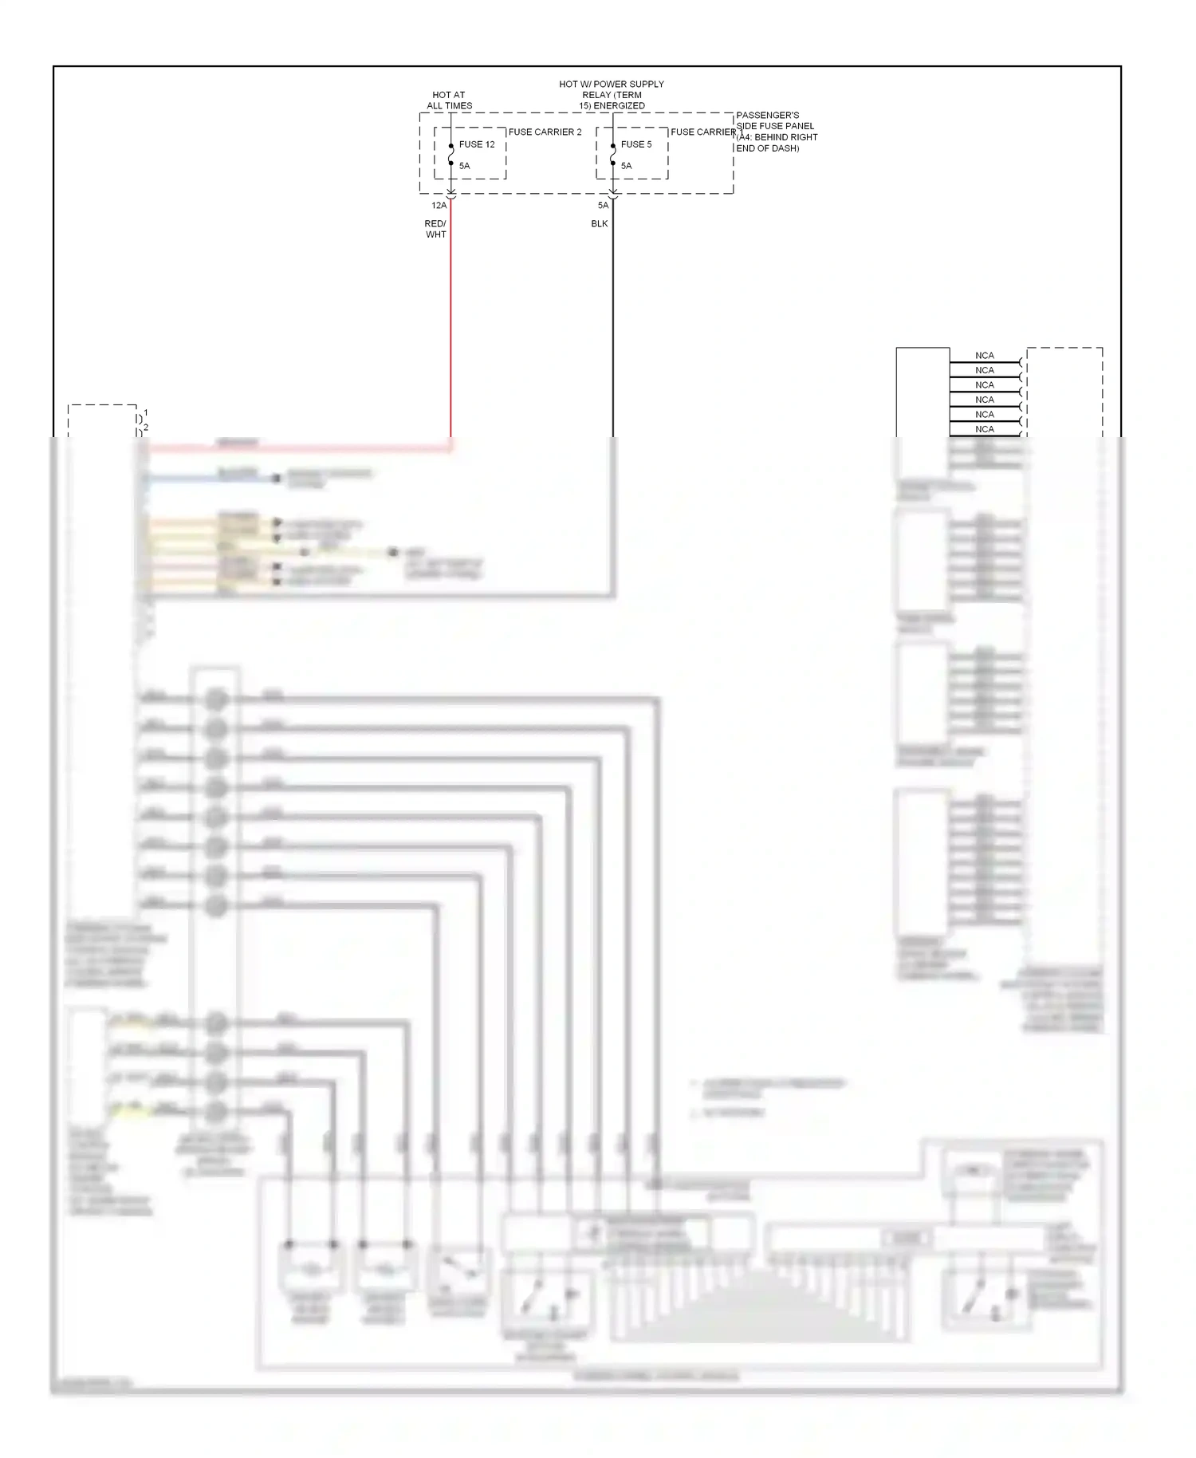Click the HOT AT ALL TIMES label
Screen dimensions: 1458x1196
point(449,100)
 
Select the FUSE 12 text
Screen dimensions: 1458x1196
point(477,144)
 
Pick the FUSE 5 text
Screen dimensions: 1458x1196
point(636,144)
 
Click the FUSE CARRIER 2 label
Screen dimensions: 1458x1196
point(545,132)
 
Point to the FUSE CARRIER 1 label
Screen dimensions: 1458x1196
point(705,132)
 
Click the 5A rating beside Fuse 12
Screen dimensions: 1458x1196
point(464,166)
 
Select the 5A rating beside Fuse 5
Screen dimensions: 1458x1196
point(626,166)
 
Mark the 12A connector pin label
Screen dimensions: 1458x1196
point(439,206)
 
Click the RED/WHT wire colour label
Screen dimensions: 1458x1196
point(435,230)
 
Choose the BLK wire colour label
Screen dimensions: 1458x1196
point(600,224)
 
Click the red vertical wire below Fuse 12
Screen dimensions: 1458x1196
point(451,319)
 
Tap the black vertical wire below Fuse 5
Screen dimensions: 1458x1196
point(613,319)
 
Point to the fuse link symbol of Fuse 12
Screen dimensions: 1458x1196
point(451,155)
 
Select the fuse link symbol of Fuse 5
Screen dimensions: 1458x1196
point(613,155)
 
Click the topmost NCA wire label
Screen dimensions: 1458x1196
point(985,356)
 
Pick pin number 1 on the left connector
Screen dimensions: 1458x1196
point(145,413)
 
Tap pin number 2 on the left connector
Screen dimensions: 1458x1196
point(146,428)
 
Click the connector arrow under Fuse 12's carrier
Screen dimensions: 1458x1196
point(451,194)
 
